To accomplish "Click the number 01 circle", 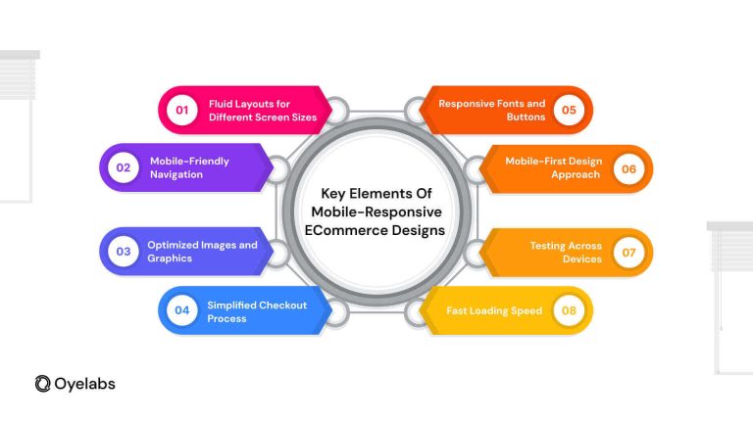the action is click(x=182, y=110).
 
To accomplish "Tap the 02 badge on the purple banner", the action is click(x=124, y=167).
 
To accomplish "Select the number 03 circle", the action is click(x=124, y=251).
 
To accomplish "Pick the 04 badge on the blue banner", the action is click(x=182, y=310).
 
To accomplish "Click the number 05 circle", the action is click(x=569, y=110).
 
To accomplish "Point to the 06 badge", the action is click(x=628, y=168).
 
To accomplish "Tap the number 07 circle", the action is click(x=628, y=253).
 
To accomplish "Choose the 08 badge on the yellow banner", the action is click(x=569, y=310).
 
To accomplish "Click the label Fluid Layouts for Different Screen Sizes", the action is click(x=263, y=111).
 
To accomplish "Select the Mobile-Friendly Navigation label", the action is click(x=189, y=167).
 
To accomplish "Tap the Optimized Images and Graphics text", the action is click(x=202, y=252).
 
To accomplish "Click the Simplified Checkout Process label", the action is click(x=257, y=311).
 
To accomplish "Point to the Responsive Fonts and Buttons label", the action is click(x=492, y=110).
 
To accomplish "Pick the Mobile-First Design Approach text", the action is click(x=553, y=167).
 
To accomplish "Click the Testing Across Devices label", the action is click(x=566, y=253).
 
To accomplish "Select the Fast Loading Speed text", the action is click(x=494, y=310).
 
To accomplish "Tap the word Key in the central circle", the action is click(x=332, y=194).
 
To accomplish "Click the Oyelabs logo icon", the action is click(x=43, y=384).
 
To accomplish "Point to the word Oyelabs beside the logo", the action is click(x=84, y=384).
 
